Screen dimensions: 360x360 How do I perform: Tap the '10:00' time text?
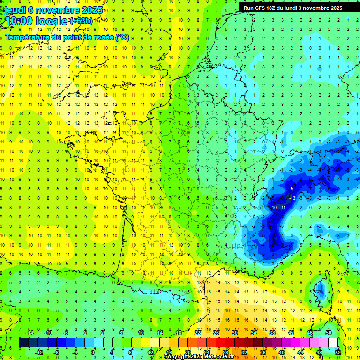(x=19, y=21)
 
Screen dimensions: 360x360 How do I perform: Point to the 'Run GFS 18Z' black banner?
(x=292, y=8)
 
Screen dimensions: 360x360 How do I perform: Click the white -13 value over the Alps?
(x=292, y=198)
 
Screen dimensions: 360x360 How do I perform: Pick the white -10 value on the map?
(x=274, y=207)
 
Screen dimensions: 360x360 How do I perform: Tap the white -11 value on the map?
(x=283, y=207)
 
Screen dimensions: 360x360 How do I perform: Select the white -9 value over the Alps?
(x=291, y=189)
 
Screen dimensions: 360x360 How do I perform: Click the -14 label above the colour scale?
(x=30, y=333)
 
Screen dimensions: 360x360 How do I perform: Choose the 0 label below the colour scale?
(x=93, y=352)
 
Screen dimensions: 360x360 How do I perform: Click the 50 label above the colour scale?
(x=329, y=333)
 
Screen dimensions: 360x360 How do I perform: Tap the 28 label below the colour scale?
(x=225, y=352)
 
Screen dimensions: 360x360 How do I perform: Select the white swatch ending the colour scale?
(x=333, y=343)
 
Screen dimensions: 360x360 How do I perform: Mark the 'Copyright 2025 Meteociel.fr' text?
(x=199, y=357)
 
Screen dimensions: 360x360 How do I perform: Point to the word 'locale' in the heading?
(x=52, y=21)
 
